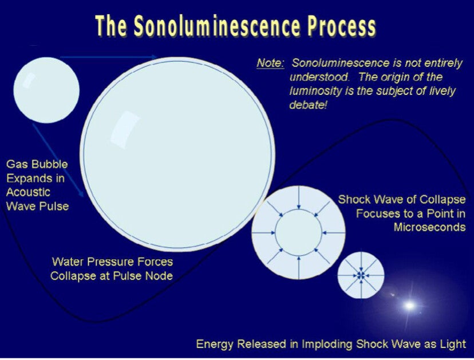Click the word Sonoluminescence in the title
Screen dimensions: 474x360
point(217,26)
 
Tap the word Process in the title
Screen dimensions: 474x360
point(342,26)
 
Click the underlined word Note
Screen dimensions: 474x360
point(270,63)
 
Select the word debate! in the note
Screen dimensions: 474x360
point(309,105)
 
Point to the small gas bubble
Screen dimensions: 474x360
point(46,90)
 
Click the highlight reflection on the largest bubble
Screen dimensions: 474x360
point(124,130)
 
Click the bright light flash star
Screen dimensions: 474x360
point(409,306)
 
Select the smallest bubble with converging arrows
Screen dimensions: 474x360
point(361,275)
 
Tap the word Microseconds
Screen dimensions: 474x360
point(429,227)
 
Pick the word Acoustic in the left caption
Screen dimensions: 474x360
point(28,192)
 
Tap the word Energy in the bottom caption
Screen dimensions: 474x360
point(215,344)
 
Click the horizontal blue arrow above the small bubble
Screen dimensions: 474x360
point(109,57)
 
